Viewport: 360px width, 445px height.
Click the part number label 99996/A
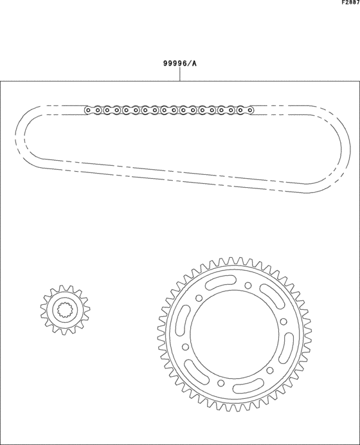coord(180,64)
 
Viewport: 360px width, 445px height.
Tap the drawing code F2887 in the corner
coord(350,3)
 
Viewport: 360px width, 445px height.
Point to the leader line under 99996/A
coord(180,75)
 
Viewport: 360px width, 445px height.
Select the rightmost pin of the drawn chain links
coord(249,110)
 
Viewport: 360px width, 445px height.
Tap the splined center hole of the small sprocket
coord(66,311)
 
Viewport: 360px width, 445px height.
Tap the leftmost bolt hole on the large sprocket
coord(199,298)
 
